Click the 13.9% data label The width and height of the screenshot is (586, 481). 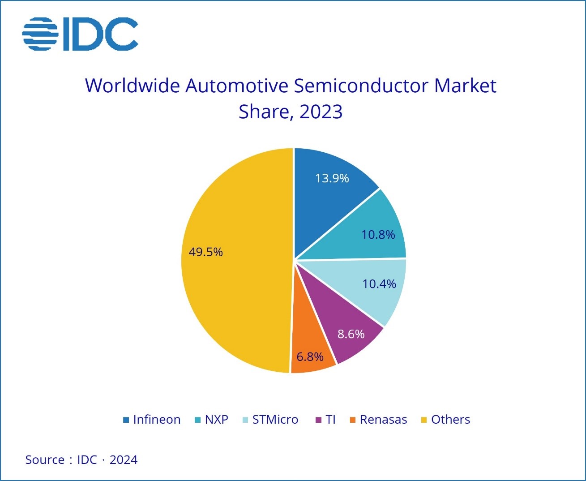click(x=332, y=178)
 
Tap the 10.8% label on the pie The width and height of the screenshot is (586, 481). click(x=378, y=235)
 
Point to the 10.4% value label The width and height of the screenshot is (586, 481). click(x=379, y=284)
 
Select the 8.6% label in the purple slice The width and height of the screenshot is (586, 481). click(x=351, y=334)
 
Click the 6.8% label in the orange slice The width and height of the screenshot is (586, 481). click(x=310, y=357)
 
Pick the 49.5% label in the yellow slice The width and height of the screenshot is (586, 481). click(x=205, y=252)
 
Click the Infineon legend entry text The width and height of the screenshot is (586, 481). click(x=157, y=420)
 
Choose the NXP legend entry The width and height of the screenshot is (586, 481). click(x=217, y=420)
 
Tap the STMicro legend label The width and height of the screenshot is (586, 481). click(x=275, y=420)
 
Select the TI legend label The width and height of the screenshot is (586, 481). click(x=331, y=420)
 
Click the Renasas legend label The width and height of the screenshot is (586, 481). click(x=383, y=420)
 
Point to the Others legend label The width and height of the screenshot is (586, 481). click(x=450, y=420)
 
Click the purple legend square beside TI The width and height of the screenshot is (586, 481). click(x=319, y=420)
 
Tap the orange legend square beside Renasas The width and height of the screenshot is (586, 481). click(x=353, y=420)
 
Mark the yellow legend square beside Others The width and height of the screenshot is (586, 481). click(x=424, y=420)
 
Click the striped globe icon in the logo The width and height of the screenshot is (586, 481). click(x=40, y=34)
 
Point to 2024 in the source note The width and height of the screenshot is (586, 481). click(x=124, y=460)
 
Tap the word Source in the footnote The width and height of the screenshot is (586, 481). click(x=45, y=460)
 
